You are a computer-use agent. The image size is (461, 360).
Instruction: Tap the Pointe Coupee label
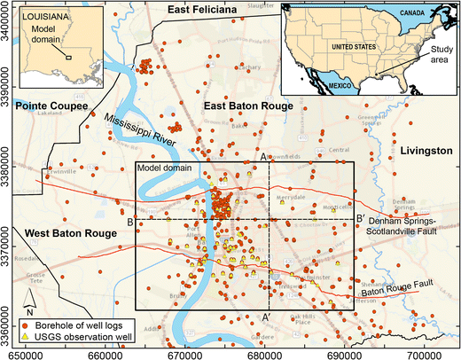click(51, 106)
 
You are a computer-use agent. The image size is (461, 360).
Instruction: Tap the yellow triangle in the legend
click(26, 338)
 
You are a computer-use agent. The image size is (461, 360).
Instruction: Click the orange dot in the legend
click(26, 325)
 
